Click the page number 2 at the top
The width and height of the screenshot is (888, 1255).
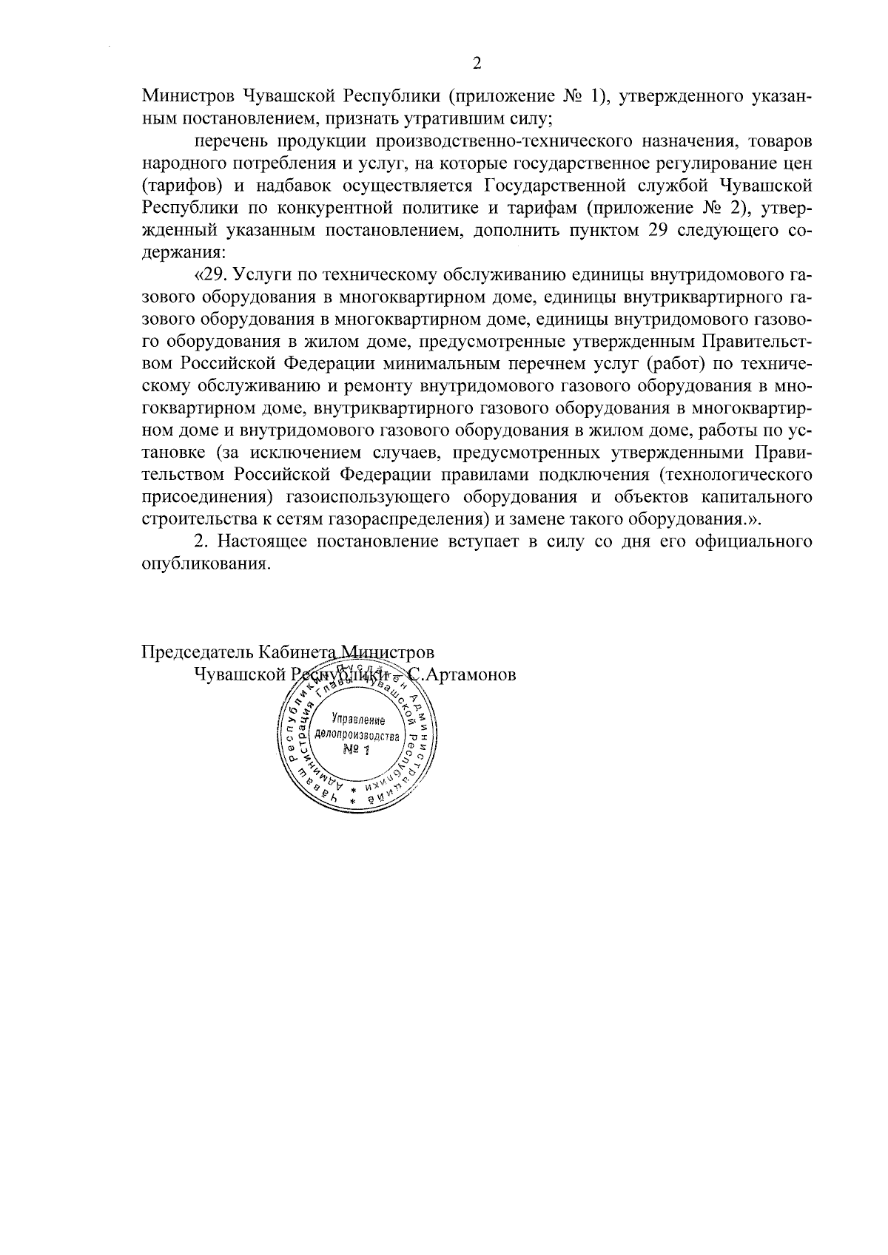[477, 64]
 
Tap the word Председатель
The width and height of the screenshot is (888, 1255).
[197, 652]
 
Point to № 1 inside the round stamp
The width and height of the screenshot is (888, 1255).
[357, 751]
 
